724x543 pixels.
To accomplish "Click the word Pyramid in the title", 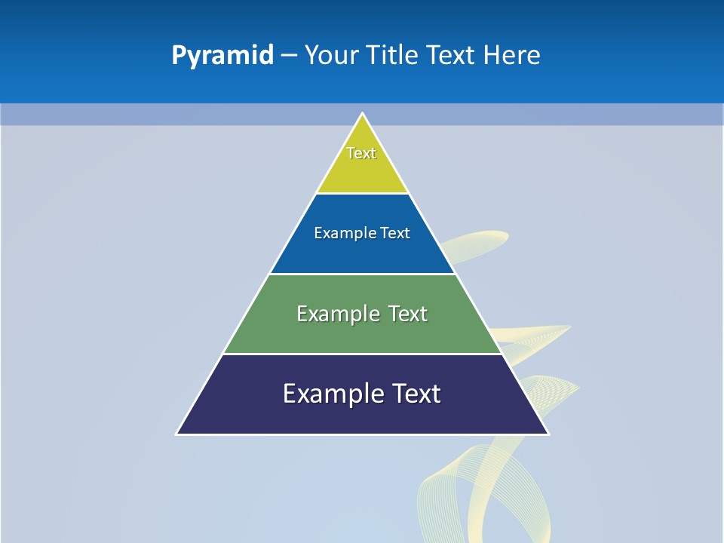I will (222, 56).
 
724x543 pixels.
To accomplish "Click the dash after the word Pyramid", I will (289, 56).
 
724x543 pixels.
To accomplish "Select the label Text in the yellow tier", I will (361, 153).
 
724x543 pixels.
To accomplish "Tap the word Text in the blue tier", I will (395, 233).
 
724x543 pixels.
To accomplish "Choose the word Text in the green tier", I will (408, 314).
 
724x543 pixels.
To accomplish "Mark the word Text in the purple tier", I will (415, 394).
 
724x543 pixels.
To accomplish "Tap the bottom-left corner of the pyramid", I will (178, 434).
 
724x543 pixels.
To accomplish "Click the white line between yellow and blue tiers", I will (362, 194).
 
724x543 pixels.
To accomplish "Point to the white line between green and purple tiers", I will (362, 354).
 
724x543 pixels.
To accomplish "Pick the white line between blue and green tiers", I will (362, 274).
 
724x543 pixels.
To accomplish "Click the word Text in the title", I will (449, 55).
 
